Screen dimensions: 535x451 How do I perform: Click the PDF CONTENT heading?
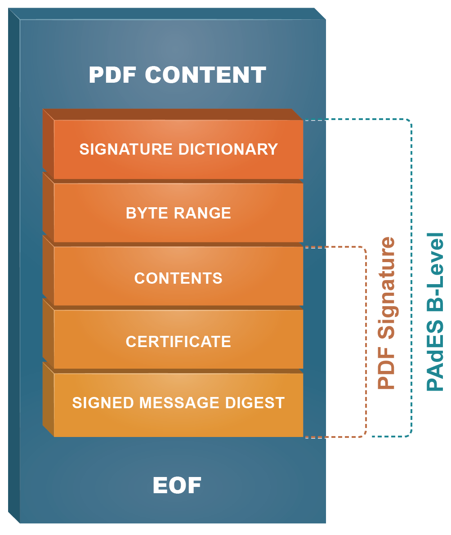pos(177,75)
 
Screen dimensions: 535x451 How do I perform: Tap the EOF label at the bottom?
pos(177,486)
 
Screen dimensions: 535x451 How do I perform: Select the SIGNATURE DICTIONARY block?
pos(178,149)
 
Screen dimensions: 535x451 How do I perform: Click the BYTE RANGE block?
pos(178,213)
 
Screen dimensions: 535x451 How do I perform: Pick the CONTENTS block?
pos(178,278)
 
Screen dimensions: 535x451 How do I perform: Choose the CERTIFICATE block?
pos(178,342)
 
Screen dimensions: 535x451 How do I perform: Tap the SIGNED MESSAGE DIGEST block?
pos(178,403)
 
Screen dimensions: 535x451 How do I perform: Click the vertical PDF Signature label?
pos(386,313)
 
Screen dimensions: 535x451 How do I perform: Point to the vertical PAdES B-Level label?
pos(435,311)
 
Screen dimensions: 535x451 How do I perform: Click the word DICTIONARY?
pos(228,149)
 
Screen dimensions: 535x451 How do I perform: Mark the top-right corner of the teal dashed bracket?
pos(410,121)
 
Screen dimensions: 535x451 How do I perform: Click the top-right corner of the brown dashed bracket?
pos(365,248)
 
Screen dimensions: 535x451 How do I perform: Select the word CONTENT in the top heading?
pos(205,75)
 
